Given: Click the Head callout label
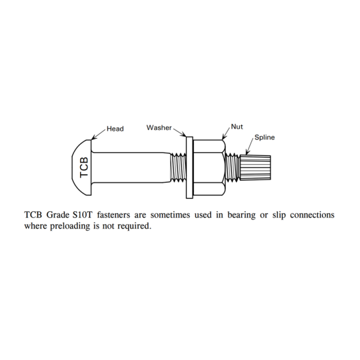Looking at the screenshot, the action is (115, 129).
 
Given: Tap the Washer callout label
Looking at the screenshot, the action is (159, 127).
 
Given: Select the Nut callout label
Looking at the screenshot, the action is (237, 127).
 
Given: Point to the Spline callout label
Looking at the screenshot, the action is (265, 137).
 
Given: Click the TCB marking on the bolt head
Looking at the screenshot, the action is (84, 167).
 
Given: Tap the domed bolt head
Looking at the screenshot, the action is (82, 167).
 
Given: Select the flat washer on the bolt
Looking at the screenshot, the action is (189, 167).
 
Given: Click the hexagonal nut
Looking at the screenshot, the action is (209, 167).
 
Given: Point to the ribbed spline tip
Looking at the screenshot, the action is (255, 167).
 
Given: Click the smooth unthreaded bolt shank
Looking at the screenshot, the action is (131, 167).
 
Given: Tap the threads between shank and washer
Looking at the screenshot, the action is (179, 167).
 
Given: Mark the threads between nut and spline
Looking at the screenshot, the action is (233, 167).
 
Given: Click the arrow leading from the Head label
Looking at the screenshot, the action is (99, 134).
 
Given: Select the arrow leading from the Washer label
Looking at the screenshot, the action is (179, 133).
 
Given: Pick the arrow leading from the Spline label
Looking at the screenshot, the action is (250, 147).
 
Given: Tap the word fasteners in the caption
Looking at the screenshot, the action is (113, 215).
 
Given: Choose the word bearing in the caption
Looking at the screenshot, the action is (241, 215).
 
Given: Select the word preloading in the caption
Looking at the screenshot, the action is (70, 226).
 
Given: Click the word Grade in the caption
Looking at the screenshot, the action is (57, 215).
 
